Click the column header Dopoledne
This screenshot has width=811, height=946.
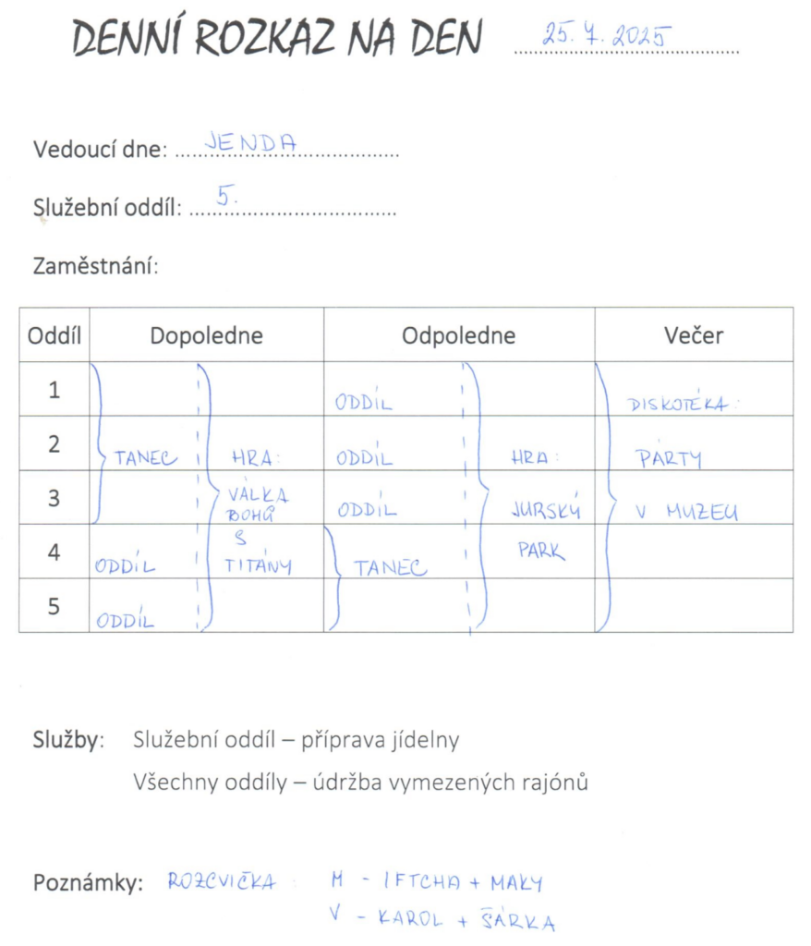[206, 335]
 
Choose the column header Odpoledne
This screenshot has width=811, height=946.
[458, 335]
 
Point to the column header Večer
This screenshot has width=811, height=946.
[693, 335]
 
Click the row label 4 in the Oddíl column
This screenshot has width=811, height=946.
[54, 552]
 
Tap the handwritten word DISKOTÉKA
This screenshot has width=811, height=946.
[684, 404]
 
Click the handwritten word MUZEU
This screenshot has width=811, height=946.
[701, 514]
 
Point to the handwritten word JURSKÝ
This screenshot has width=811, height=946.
[546, 511]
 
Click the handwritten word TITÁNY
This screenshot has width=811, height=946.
[259, 565]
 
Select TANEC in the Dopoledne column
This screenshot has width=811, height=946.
[146, 457]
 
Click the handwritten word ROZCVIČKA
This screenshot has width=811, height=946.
[222, 881]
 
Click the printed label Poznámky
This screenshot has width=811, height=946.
[88, 883]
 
